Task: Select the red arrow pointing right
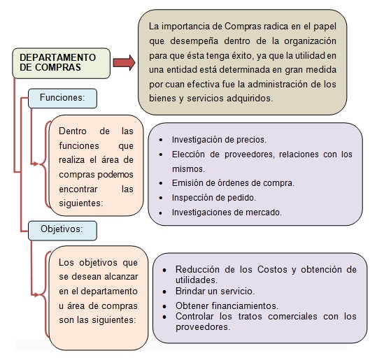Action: tap(123, 63)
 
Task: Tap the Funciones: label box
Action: tap(62, 99)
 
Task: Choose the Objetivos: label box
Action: tap(62, 229)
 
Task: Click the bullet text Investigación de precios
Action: tap(218, 138)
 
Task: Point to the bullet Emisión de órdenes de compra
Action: tap(232, 183)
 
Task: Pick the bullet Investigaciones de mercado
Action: tap(227, 212)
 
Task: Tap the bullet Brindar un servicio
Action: tap(215, 291)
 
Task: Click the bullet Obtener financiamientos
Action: tap(227, 305)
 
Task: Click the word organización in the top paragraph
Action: tap(313, 41)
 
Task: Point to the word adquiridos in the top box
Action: tap(250, 99)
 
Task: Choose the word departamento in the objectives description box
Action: tap(101, 291)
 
